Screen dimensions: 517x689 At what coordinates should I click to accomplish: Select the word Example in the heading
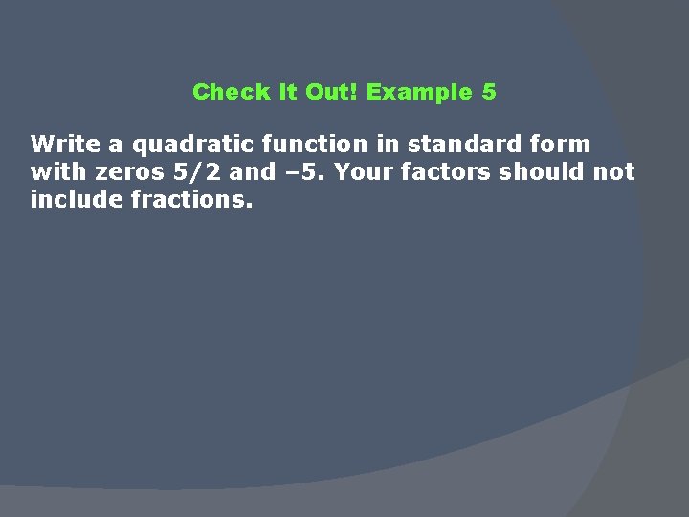(x=419, y=92)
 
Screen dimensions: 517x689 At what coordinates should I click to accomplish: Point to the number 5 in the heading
(x=490, y=92)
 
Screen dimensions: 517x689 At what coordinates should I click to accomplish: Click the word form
(x=563, y=145)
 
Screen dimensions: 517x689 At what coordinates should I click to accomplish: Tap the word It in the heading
(x=287, y=92)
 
